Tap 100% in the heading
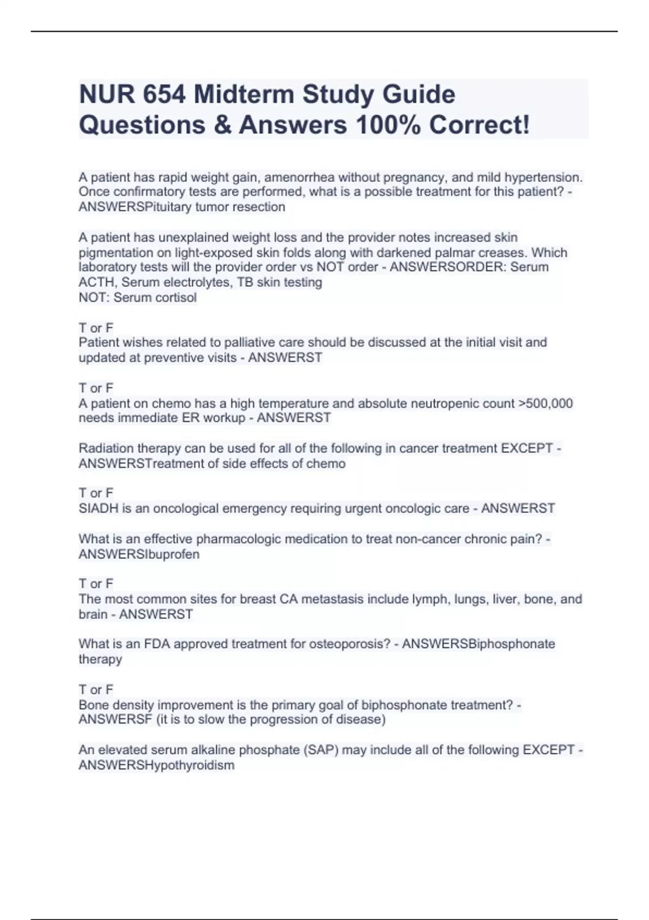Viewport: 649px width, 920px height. pos(388,125)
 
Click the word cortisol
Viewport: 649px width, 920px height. pos(176,298)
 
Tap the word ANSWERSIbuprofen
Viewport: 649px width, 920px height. pos(139,555)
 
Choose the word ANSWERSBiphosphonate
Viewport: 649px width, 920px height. pos(479,644)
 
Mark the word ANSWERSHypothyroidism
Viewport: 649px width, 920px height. pos(156,765)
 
